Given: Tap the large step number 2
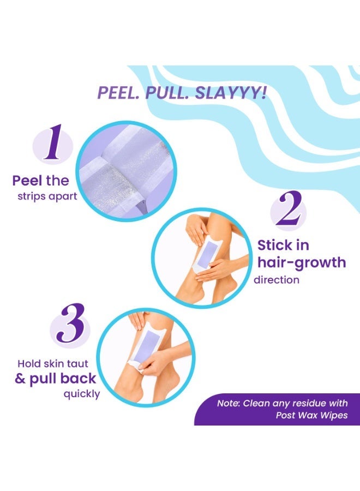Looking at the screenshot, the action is tap(289, 208).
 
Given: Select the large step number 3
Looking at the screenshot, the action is tap(71, 323).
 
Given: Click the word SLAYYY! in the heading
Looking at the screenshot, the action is tap(231, 92).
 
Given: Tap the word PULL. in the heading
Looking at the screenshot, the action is tap(167, 92).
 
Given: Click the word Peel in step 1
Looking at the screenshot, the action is tap(27, 181).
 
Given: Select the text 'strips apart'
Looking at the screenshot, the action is tap(47, 196).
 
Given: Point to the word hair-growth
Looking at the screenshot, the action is tap(302, 262).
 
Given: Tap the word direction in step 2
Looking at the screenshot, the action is tap(277, 280).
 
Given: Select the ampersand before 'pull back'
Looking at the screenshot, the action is tap(20, 379).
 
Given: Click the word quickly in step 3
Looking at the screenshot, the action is tap(82, 394).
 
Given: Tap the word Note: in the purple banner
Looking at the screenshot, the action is tap(229, 403).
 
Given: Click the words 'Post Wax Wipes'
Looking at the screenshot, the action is tap(311, 415).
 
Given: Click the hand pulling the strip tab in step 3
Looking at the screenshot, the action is tap(153, 363).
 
